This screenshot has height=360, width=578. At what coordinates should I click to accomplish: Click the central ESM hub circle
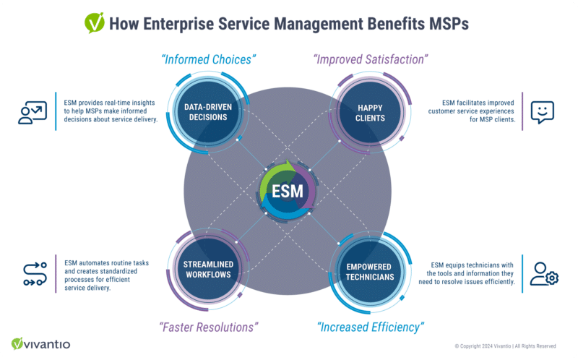[x=288, y=192]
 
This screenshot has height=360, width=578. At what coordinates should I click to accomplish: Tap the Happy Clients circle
[x=370, y=112]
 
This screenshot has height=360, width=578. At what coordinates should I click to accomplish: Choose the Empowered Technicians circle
[x=370, y=271]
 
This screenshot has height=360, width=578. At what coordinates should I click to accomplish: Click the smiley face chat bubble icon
[x=542, y=112]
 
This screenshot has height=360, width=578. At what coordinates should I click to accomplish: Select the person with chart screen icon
[x=33, y=112]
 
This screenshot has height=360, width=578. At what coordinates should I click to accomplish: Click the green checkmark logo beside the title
[x=94, y=23]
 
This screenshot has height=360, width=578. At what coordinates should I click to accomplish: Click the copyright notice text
[x=505, y=346]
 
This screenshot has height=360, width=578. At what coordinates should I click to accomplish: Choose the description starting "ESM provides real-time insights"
[x=105, y=112]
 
